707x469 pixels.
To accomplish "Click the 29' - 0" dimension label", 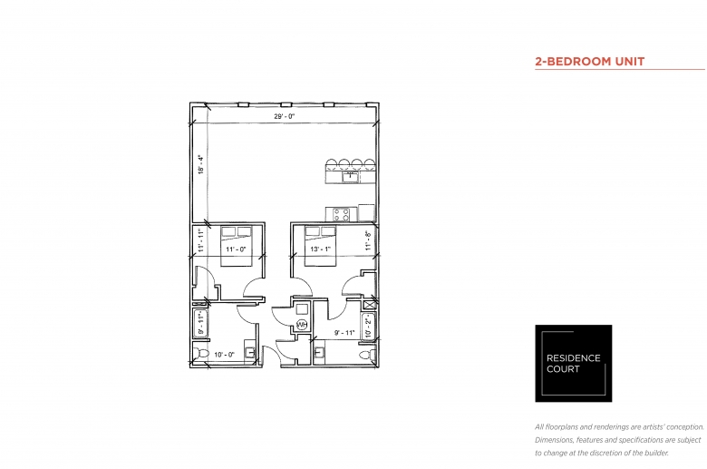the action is click(284, 116).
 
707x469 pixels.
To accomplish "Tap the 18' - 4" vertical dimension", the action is click(200, 164).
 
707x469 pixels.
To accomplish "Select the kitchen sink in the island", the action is click(351, 177).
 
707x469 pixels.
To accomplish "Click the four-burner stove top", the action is click(342, 214).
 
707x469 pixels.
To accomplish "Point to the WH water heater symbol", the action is click(302, 325).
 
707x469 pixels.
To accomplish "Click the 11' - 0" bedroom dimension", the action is click(236, 249).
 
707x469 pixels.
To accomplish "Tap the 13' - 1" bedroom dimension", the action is click(320, 249).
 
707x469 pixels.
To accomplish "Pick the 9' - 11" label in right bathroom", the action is click(344, 333).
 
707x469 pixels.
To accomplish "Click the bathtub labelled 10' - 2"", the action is click(368, 326).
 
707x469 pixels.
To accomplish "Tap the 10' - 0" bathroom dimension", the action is click(224, 355).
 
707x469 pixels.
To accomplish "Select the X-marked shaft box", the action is click(369, 305).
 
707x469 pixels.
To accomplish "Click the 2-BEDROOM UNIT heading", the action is click(590, 62).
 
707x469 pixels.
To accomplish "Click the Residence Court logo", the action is click(574, 364).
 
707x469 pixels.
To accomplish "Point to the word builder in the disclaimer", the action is click(654, 453).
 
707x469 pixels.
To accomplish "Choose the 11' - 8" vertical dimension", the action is click(368, 240).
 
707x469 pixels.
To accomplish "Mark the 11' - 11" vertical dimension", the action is click(200, 239).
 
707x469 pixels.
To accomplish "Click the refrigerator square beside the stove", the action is click(366, 213).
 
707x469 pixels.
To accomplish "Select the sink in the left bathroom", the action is click(250, 353).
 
